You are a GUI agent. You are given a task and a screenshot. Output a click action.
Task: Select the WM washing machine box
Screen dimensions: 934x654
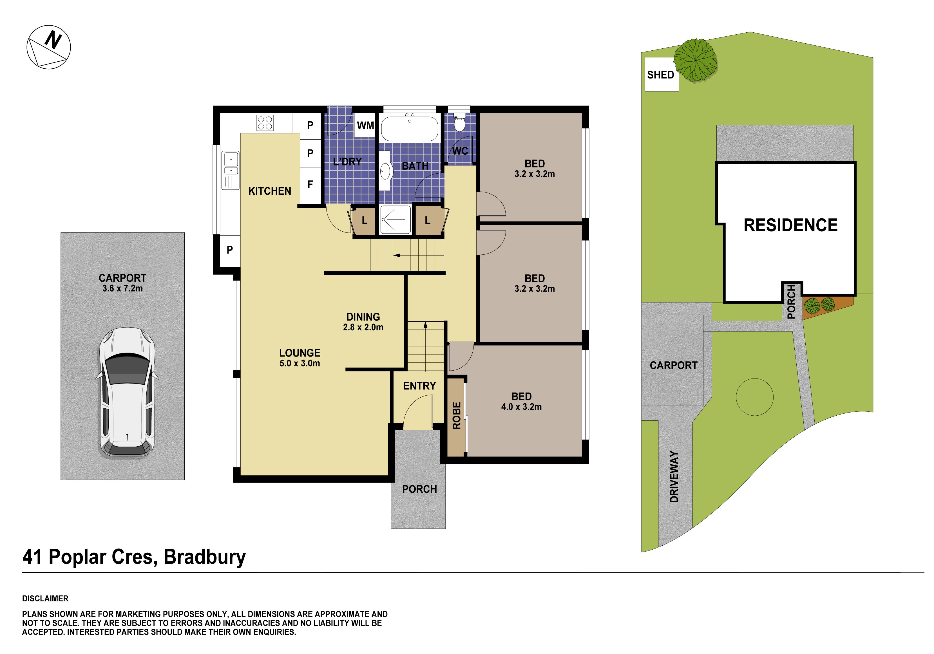click(365, 125)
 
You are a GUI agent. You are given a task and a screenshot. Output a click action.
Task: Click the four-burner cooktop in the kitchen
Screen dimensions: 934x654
click(265, 122)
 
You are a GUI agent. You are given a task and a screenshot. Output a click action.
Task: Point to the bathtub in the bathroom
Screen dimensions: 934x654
click(410, 128)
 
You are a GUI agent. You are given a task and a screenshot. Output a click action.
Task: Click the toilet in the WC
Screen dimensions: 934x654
click(459, 122)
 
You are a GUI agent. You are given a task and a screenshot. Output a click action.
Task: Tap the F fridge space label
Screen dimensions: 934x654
click(310, 185)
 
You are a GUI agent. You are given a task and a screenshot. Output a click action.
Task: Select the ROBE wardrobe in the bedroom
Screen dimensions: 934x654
click(456, 416)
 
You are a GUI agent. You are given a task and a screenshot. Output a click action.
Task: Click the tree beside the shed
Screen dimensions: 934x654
click(695, 60)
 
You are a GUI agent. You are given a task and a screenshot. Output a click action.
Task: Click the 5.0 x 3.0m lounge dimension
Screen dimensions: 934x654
click(300, 363)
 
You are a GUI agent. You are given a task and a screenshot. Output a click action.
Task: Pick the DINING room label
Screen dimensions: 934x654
click(363, 317)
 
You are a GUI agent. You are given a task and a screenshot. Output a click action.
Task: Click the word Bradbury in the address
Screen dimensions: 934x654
click(205, 557)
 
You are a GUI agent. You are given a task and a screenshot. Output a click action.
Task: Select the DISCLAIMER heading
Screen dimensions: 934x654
click(45, 598)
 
